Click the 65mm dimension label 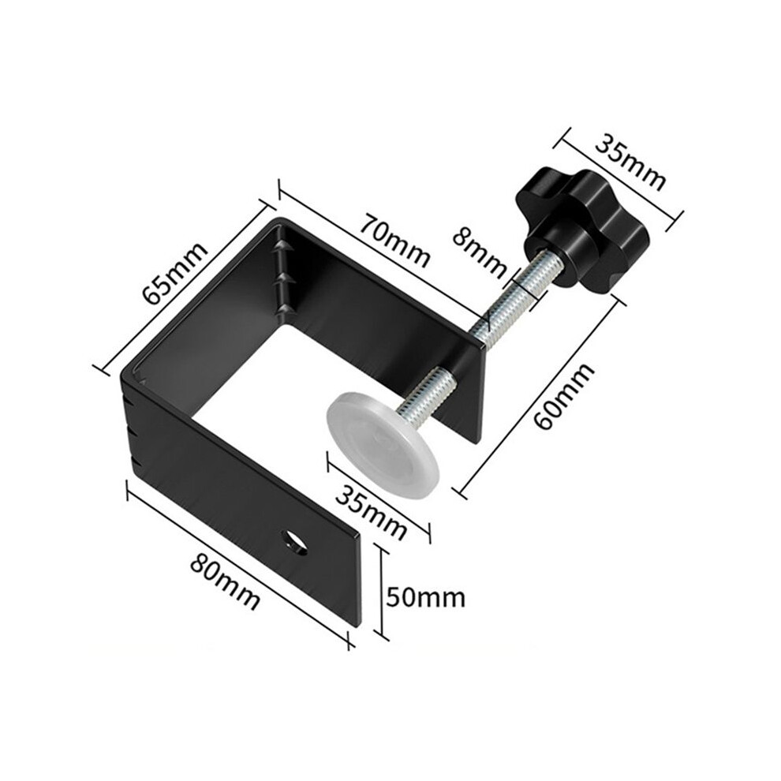pyautogui.click(x=174, y=273)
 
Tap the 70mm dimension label pyautogui.click(x=394, y=241)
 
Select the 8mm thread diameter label pyautogui.click(x=479, y=252)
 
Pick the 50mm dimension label pyautogui.click(x=426, y=596)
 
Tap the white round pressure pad pyautogui.click(x=383, y=443)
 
